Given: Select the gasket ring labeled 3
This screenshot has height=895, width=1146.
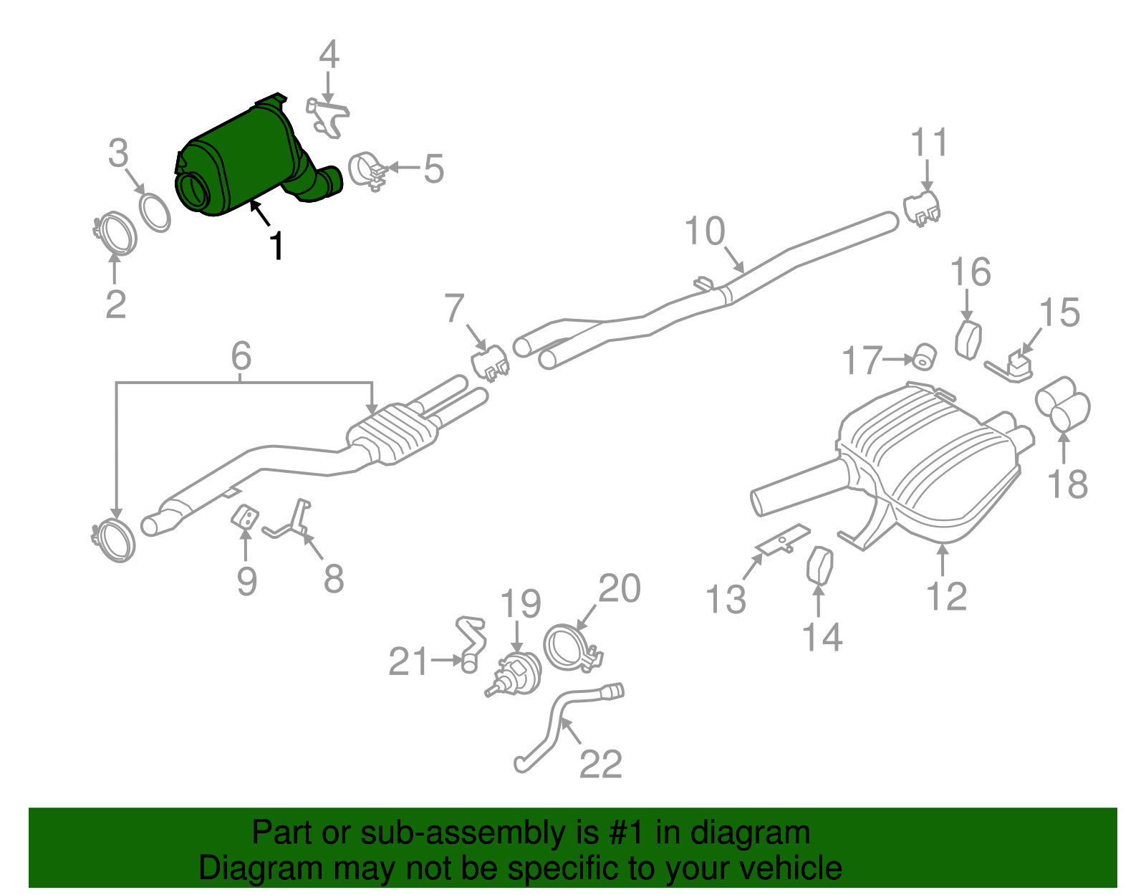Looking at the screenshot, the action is point(155,213).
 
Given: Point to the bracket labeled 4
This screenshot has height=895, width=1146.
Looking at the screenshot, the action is point(327,117).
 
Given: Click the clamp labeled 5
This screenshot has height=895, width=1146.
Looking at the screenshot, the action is point(367,171).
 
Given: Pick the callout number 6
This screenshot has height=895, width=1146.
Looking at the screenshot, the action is point(241,356).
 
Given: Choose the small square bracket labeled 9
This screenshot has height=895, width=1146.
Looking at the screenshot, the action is point(245,517).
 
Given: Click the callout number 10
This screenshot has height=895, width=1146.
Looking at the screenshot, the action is point(705,231).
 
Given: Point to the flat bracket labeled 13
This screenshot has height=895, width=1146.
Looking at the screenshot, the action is point(783,539).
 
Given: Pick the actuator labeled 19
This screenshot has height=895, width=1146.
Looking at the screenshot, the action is point(514,674).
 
